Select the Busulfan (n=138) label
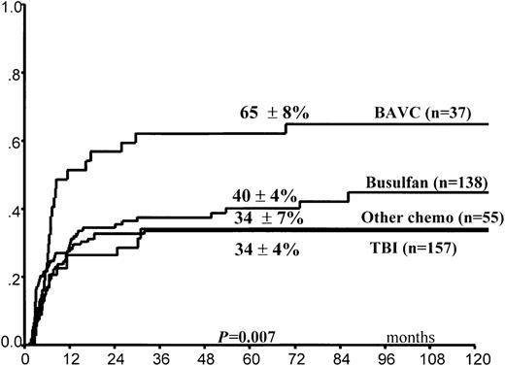coord(433,182)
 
